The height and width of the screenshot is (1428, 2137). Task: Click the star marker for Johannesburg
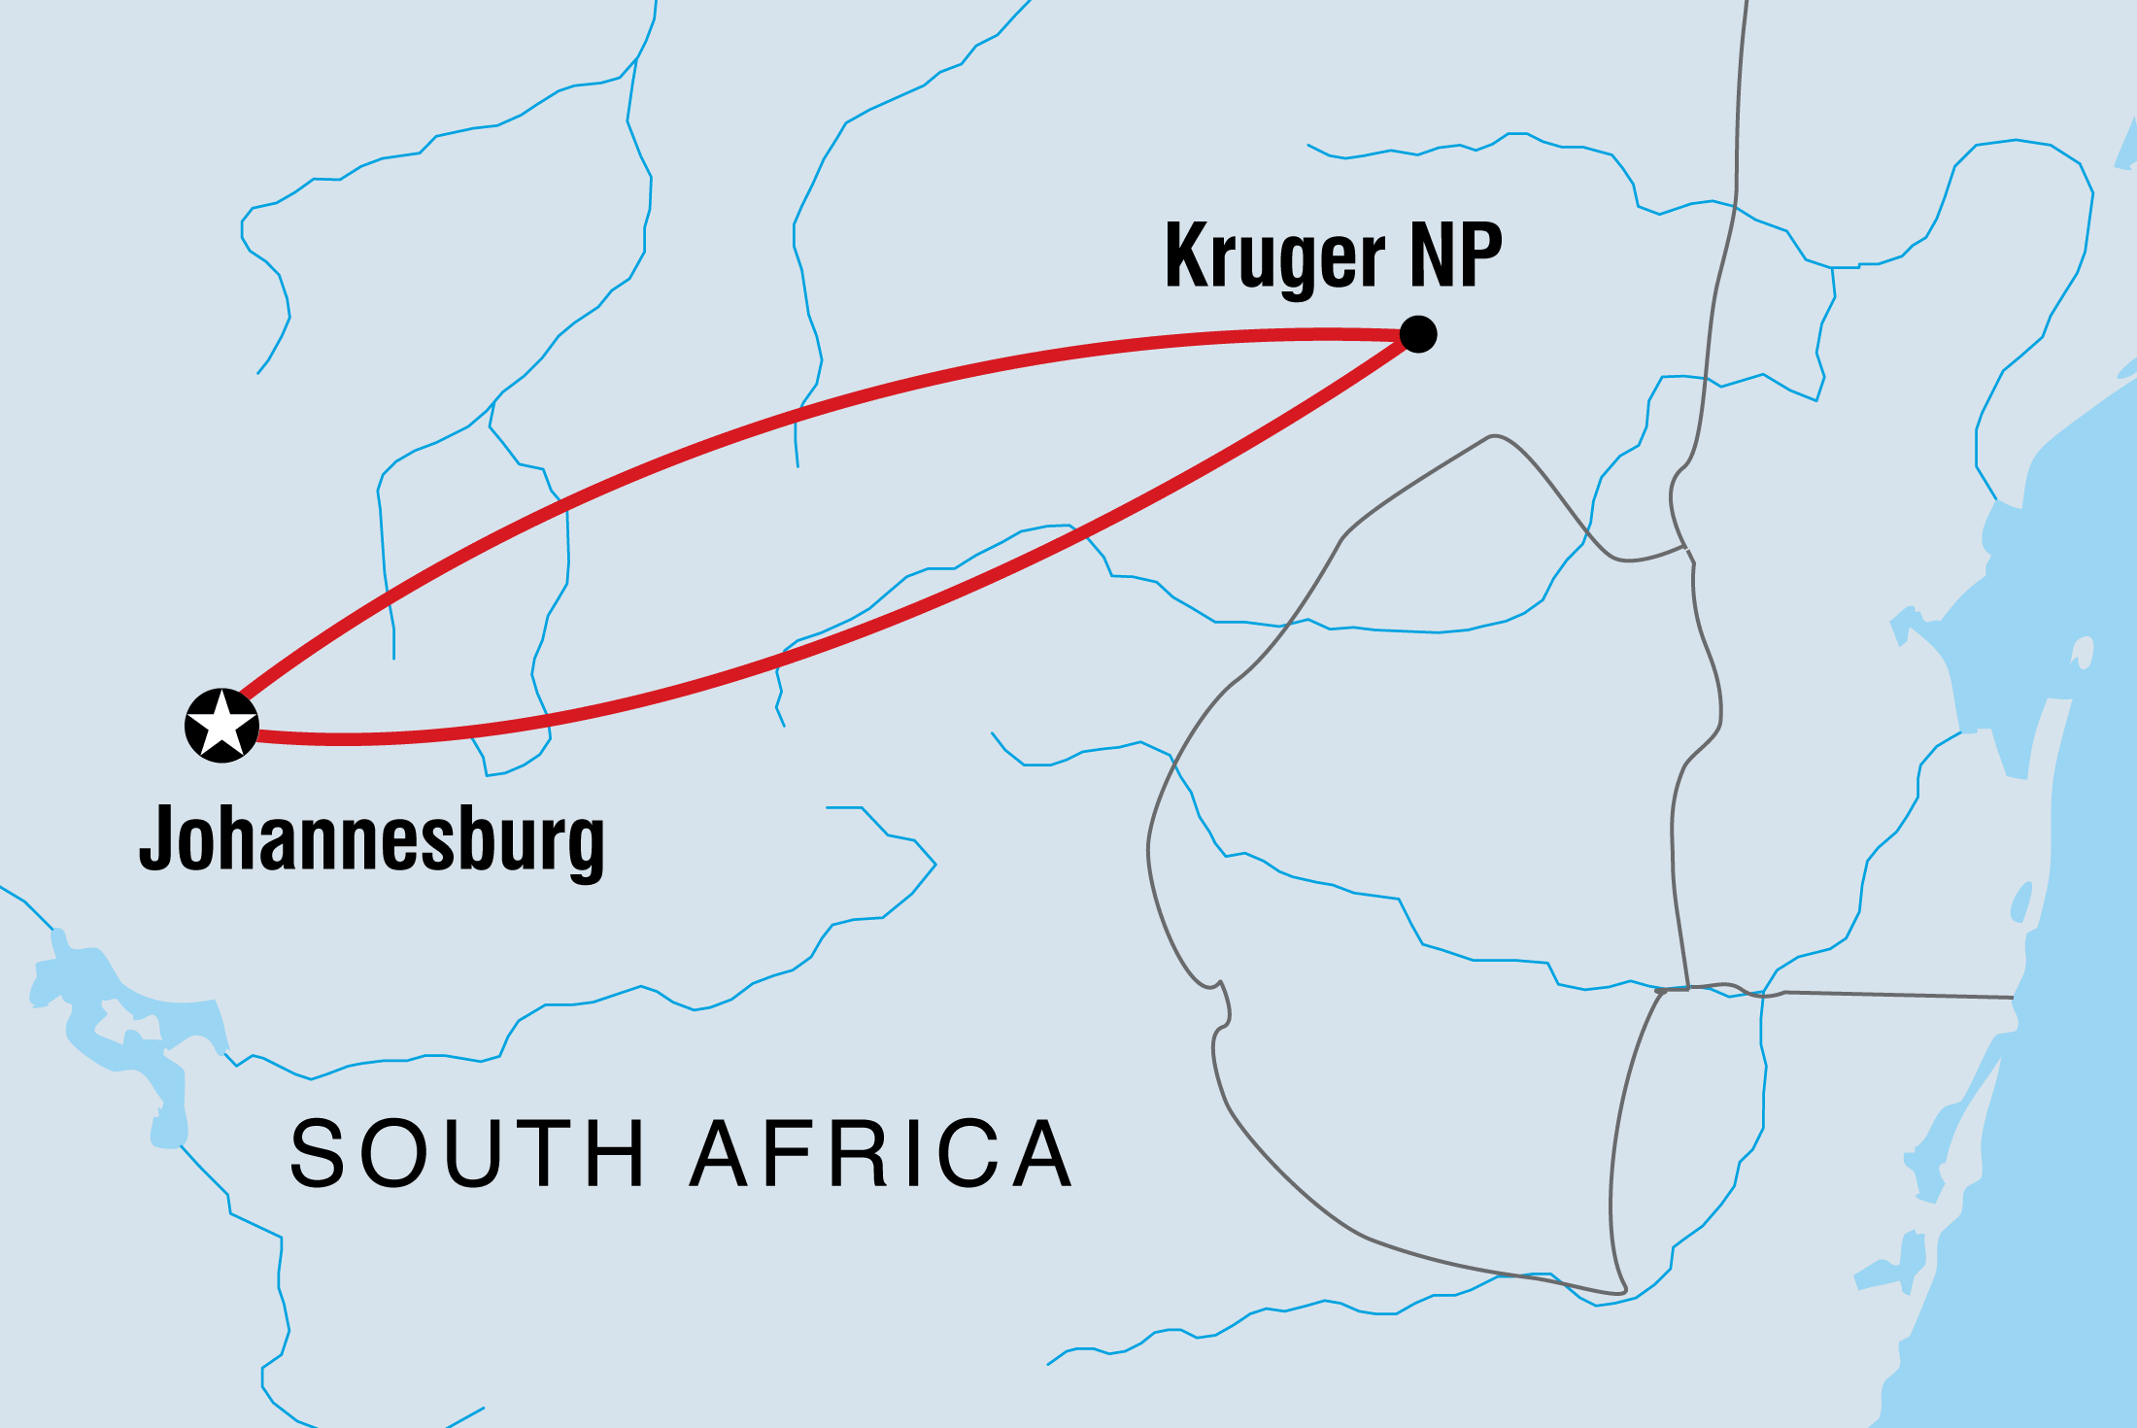tap(221, 726)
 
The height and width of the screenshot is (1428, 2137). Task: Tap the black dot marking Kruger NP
tap(1418, 334)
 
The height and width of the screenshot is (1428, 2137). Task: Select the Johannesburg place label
tap(372, 839)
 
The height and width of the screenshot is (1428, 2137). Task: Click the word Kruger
tap(1274, 255)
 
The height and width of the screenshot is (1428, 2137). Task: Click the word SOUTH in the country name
tap(467, 1153)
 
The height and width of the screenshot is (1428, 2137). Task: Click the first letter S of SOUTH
tap(318, 1153)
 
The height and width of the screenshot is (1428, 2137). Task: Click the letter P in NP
tap(1480, 255)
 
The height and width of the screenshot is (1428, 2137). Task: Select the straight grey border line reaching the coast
tap(1894, 995)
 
